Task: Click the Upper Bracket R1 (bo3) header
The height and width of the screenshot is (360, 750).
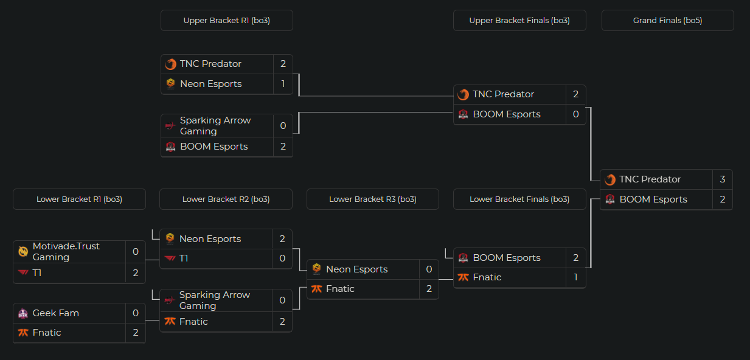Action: [x=226, y=21]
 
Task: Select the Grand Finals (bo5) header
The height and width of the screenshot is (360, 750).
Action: [x=667, y=21]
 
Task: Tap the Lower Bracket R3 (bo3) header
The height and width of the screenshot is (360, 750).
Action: [x=372, y=199]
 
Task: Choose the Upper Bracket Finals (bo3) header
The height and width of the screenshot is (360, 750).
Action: [x=519, y=21]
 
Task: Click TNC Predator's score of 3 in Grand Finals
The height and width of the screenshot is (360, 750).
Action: [x=722, y=179]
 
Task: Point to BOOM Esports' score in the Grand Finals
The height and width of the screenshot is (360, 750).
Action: [x=722, y=199]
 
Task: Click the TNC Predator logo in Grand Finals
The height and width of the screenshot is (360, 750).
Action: [x=609, y=180]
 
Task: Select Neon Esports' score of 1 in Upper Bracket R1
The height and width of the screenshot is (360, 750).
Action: [x=283, y=84]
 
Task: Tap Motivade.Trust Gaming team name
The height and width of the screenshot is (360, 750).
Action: [x=66, y=252]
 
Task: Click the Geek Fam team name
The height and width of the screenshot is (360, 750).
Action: [x=56, y=313]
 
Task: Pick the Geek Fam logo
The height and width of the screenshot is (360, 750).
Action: [x=23, y=314]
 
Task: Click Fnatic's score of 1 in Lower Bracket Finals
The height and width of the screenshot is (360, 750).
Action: [x=575, y=277]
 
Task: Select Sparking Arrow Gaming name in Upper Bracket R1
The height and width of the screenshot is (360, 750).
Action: [x=215, y=126]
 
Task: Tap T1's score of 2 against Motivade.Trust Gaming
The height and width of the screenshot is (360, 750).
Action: [x=136, y=273]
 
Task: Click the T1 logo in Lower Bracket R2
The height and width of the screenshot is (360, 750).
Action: [x=170, y=259]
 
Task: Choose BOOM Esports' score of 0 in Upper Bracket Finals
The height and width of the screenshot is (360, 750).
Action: [x=575, y=114]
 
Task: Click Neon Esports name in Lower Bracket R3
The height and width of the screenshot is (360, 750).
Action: [x=356, y=269]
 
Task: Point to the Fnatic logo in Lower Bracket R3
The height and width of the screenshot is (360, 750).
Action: [x=316, y=289]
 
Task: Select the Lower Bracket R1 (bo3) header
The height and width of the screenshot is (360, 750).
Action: [x=79, y=199]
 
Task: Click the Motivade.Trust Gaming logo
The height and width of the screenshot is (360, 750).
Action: [x=23, y=252]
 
